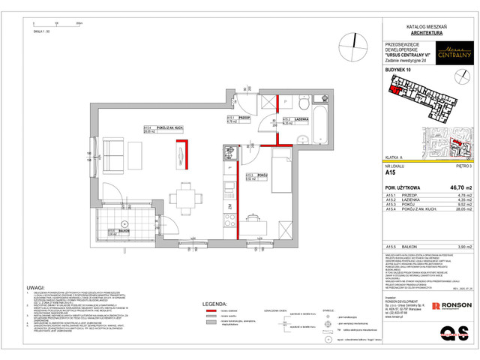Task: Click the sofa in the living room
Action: point(116,154)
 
